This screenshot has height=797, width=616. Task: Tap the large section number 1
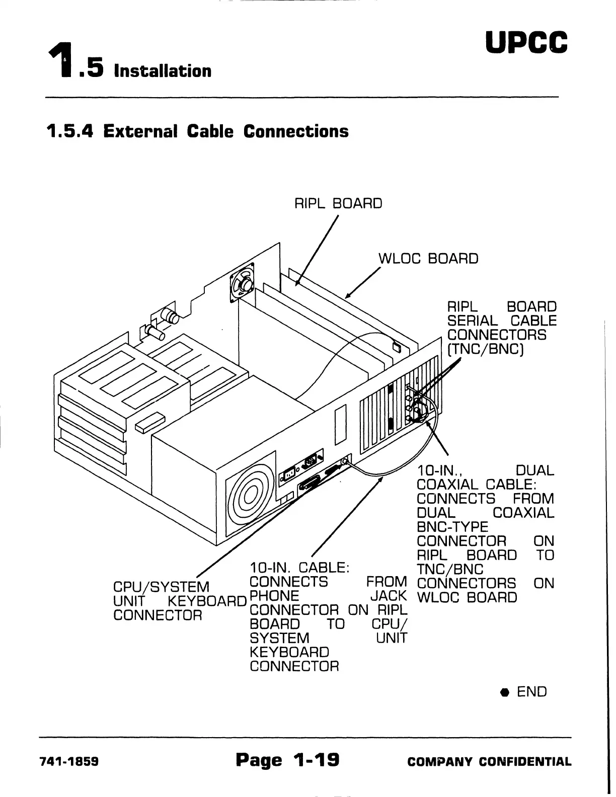59,60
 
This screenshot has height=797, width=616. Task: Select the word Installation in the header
163,70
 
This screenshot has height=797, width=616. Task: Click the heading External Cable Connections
197,131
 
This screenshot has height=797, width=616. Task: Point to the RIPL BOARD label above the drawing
338,203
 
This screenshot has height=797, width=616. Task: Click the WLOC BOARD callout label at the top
428,259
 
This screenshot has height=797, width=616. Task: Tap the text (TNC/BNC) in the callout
486,349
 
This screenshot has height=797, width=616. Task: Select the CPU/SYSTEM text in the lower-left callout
161,587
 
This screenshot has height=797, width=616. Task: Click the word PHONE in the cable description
274,596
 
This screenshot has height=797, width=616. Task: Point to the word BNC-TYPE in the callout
452,527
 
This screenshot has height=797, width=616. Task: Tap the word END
531,692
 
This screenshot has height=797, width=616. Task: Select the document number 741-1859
69,761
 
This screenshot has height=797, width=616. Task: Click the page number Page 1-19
287,759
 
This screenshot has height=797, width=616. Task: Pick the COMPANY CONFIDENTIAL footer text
489,761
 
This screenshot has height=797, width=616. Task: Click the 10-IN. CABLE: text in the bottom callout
300,568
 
